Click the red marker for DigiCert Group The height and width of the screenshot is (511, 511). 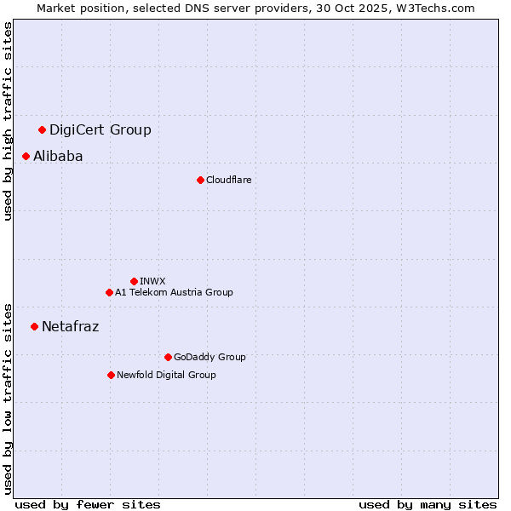[42, 129]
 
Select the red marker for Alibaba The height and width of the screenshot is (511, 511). [26, 156]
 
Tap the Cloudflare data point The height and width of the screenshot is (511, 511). [200, 180]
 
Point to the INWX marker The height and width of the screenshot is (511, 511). [134, 281]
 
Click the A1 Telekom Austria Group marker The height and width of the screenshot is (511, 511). [109, 292]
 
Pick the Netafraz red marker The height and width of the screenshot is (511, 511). [34, 326]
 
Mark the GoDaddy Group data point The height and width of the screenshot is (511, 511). [168, 357]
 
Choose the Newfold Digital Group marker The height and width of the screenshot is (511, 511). [111, 375]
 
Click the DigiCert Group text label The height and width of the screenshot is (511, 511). [100, 130]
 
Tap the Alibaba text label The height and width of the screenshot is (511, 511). [58, 157]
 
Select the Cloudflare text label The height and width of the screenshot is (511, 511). [228, 181]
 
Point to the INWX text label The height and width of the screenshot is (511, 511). [152, 282]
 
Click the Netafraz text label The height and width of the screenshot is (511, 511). [70, 327]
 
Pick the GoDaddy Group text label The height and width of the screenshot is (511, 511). [210, 358]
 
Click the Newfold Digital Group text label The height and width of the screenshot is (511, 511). [166, 376]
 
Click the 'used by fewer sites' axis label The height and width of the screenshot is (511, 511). [88, 504]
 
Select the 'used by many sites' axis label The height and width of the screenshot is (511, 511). [428, 504]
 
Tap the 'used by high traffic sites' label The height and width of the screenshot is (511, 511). [9, 121]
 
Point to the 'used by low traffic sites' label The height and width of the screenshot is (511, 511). [9, 398]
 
